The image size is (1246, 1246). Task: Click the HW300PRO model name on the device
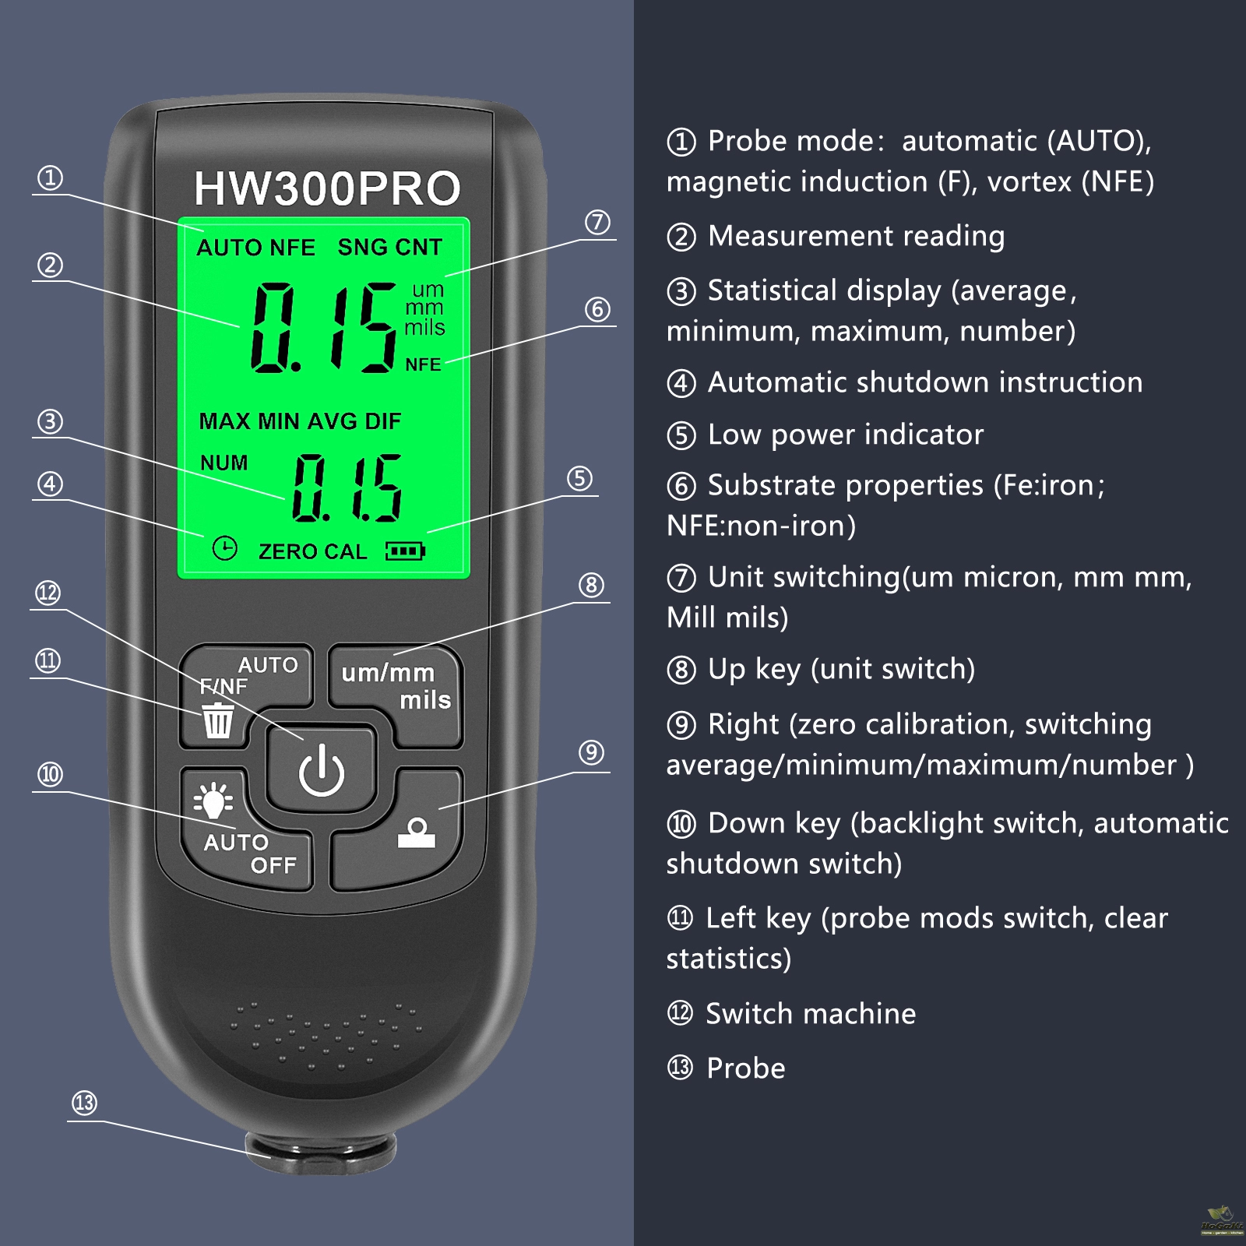coord(327,188)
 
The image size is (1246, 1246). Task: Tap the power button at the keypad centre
coord(322,770)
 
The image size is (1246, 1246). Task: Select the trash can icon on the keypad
coord(217,720)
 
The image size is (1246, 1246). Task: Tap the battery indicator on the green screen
coord(405,551)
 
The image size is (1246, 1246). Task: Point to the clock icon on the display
coord(224,548)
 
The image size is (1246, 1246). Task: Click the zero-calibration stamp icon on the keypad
coord(417,832)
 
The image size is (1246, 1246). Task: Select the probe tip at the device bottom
coord(321,1152)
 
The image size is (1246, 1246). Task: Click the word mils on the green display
coord(424,327)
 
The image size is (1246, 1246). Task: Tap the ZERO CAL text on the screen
coord(312,551)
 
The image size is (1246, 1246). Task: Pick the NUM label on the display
coord(224,463)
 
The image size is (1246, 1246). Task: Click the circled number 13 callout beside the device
coord(84,1103)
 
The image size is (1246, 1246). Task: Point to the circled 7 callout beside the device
coord(597,222)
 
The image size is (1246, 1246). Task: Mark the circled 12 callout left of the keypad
coord(48,593)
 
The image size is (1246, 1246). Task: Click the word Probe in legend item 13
coord(745,1068)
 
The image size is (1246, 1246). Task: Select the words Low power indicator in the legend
coord(845,434)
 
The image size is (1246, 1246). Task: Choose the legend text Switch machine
coord(811,1013)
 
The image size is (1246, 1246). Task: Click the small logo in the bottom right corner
coord(1221,1220)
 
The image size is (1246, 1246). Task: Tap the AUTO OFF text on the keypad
coord(250,854)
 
